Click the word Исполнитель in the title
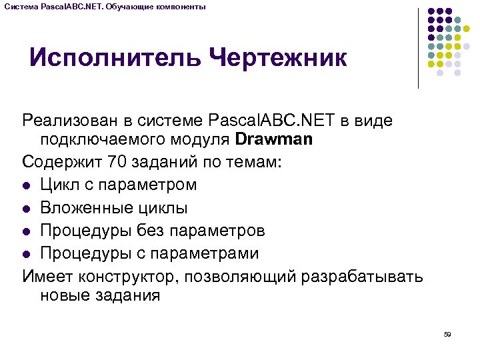click(x=115, y=57)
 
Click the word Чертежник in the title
click(x=279, y=57)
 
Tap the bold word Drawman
click(x=275, y=140)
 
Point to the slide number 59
click(x=447, y=334)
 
